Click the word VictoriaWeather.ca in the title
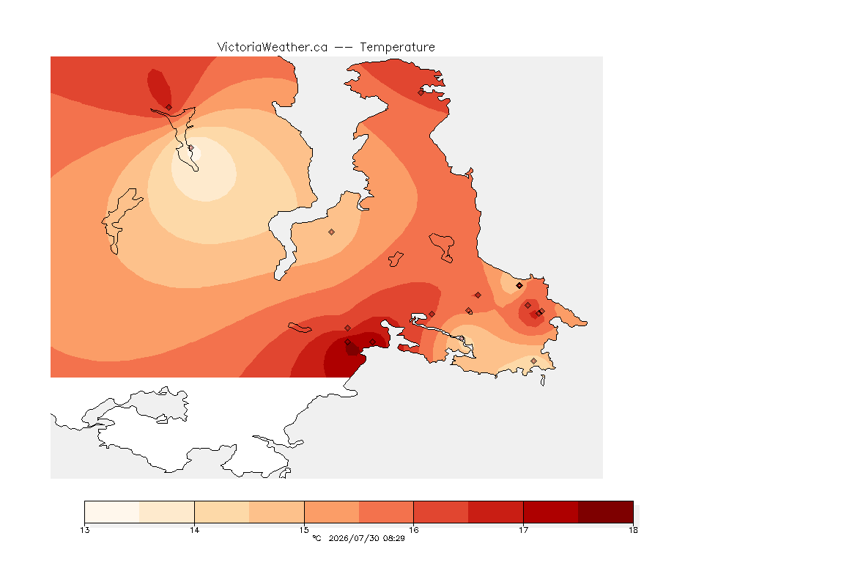click(273, 48)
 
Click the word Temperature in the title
click(397, 48)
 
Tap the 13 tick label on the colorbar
click(84, 530)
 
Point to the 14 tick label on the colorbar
click(194, 530)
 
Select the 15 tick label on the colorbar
click(304, 530)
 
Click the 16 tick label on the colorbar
click(413, 530)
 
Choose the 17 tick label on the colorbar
click(523, 530)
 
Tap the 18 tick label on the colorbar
click(633, 530)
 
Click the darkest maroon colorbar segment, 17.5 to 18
click(606, 512)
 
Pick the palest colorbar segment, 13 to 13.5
click(112, 512)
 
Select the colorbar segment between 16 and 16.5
click(441, 512)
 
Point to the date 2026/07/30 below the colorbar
click(353, 538)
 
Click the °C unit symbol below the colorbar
click(316, 538)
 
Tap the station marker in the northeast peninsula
click(421, 92)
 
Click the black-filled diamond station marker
click(519, 286)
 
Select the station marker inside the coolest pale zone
click(190, 147)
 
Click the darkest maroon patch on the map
click(352, 350)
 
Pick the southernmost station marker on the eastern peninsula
click(533, 361)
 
